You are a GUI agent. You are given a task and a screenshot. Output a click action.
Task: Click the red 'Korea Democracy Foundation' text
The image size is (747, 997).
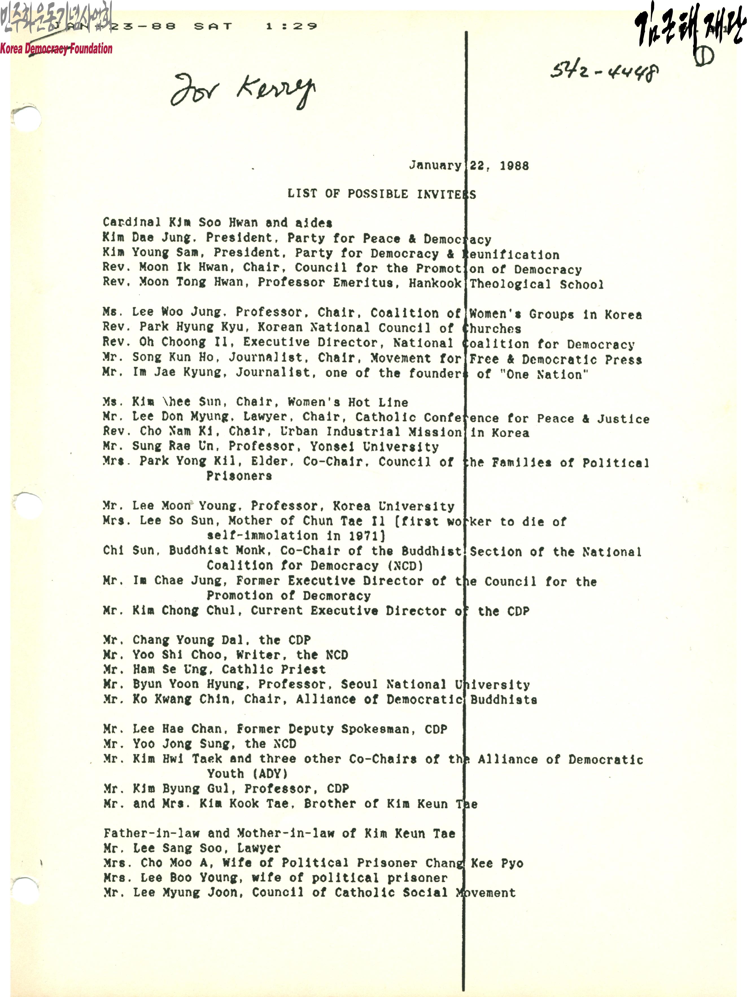tap(56, 49)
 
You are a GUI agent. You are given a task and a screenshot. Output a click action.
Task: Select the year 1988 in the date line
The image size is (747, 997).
tap(514, 166)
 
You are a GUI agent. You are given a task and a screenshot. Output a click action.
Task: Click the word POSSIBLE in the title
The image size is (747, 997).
tap(377, 194)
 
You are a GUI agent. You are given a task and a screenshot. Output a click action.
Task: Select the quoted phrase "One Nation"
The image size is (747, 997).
tap(543, 375)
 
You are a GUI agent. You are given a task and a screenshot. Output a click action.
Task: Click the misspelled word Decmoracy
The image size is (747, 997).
tap(337, 596)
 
